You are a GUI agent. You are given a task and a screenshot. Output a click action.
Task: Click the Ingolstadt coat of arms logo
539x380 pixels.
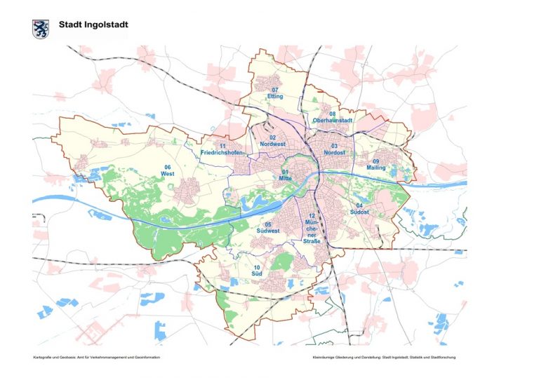point(40,29)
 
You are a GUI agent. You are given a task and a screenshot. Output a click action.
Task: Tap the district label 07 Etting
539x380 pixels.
point(275,93)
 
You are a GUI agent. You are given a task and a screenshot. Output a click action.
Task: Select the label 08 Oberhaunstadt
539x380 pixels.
point(332,117)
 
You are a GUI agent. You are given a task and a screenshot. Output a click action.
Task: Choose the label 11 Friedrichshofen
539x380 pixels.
point(222,149)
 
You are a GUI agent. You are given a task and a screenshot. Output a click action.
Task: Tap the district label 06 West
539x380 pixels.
point(167,170)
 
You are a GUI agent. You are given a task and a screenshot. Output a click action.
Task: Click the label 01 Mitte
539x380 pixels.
point(286,175)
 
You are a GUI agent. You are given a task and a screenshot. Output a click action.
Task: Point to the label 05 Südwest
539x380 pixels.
point(268,227)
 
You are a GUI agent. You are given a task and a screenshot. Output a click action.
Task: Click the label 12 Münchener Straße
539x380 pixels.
point(312,229)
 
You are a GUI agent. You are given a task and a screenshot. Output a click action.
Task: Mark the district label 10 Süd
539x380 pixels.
point(257,271)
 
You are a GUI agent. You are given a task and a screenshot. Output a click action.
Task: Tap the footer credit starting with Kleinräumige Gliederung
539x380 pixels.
point(385,358)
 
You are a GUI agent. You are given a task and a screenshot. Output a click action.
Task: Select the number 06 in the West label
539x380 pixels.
point(167,167)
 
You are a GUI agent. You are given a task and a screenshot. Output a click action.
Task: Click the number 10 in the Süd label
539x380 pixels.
point(257,267)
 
